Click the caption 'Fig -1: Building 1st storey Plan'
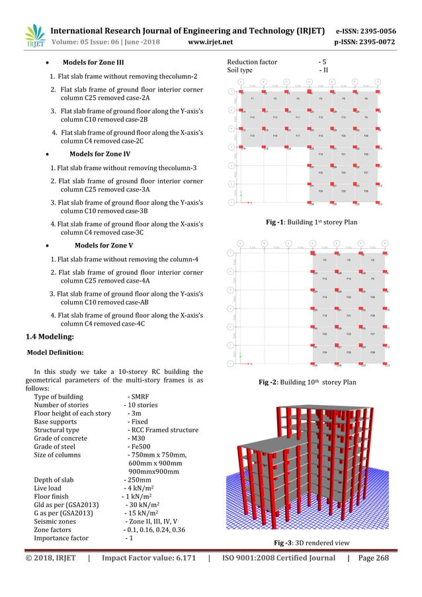[x=311, y=222]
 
